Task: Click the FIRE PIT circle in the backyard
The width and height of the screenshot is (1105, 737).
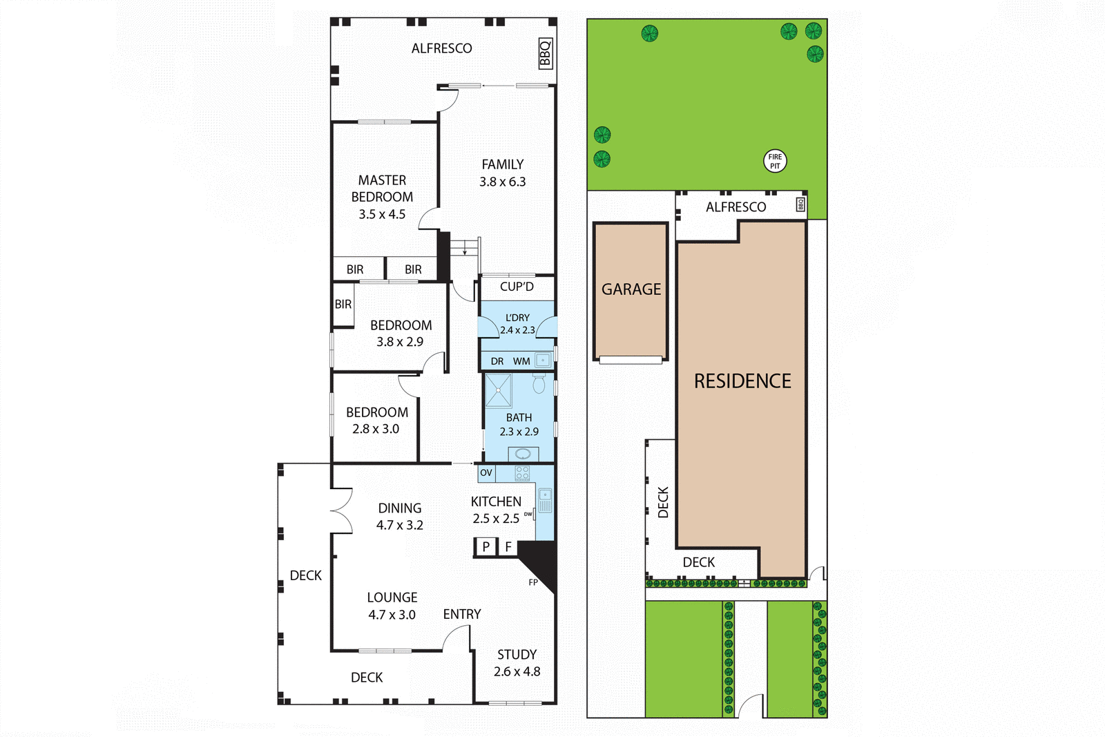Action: click(x=775, y=161)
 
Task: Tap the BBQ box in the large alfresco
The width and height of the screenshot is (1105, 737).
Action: click(x=546, y=53)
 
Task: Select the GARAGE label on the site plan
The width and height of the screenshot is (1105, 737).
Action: click(x=631, y=289)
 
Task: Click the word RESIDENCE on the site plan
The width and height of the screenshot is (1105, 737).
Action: click(x=742, y=381)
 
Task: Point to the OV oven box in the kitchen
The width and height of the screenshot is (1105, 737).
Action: click(x=486, y=473)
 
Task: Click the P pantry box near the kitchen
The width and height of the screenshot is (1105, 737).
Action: click(x=486, y=547)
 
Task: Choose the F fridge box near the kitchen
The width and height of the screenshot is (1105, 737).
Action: click(x=508, y=547)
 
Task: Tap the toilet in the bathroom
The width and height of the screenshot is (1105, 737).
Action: click(x=539, y=383)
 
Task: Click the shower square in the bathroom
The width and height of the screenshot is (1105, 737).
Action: click(x=498, y=391)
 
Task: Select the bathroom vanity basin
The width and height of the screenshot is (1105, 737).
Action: click(x=523, y=454)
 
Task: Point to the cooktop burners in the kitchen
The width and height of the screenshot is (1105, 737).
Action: click(x=522, y=473)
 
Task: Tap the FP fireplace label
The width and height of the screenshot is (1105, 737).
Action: click(x=533, y=582)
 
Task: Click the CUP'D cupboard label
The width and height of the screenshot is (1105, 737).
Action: click(x=517, y=287)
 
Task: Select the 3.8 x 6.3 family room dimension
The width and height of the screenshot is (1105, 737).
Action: click(x=503, y=182)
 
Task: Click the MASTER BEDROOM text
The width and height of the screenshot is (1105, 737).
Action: click(x=382, y=189)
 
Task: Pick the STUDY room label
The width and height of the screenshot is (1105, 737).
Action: click(x=517, y=654)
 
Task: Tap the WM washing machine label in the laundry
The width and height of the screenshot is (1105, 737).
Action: click(x=521, y=361)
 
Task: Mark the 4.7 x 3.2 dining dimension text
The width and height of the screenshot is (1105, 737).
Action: click(x=400, y=525)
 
